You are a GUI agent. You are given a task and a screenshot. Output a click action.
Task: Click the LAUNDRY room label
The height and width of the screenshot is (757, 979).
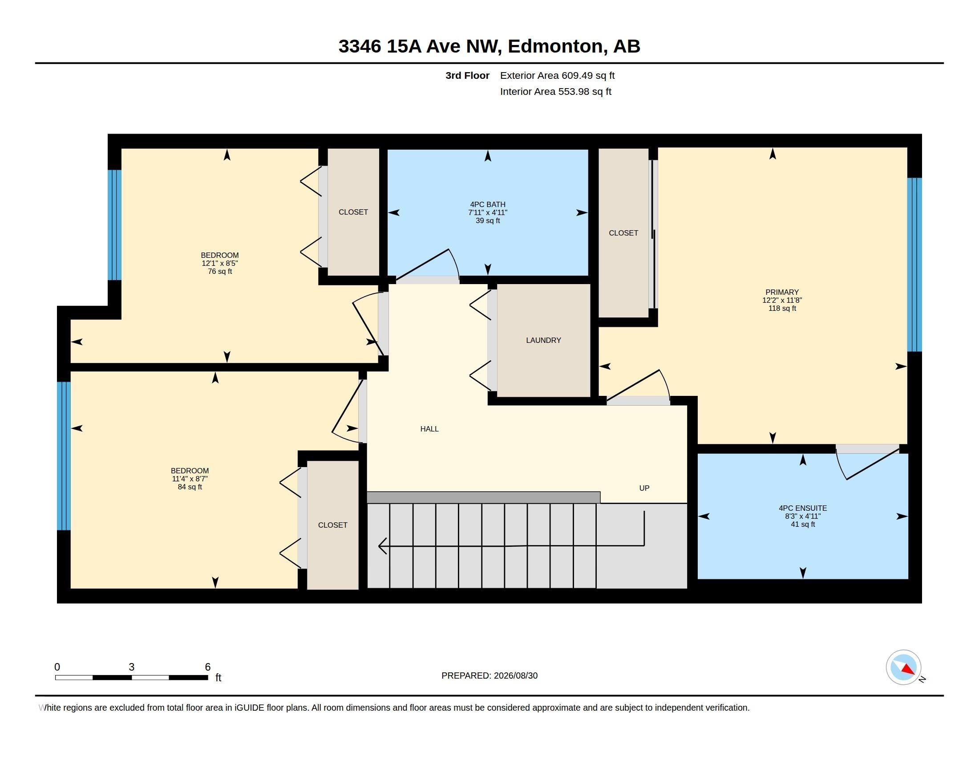coord(543,340)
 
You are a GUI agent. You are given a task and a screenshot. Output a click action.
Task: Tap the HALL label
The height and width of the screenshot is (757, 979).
coord(429,429)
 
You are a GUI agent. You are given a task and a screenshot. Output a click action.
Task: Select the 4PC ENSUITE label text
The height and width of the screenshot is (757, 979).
coord(803,508)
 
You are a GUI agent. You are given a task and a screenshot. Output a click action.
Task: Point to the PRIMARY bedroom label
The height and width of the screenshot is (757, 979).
coord(782,292)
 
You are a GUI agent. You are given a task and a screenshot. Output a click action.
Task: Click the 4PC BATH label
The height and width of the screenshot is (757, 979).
coord(488,204)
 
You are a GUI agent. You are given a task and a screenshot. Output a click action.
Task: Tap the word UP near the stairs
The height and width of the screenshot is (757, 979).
coord(644,488)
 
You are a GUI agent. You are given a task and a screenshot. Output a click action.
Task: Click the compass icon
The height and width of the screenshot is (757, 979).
coord(904,667)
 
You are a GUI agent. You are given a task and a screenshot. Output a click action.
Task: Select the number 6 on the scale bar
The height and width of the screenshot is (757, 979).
coord(207,667)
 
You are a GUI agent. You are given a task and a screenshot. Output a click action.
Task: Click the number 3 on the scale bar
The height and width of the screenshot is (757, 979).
coord(131,667)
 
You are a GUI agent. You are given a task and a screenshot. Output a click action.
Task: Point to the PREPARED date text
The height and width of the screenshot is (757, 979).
coord(489,676)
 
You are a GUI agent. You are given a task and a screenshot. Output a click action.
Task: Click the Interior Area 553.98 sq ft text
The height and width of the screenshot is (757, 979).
coord(555,91)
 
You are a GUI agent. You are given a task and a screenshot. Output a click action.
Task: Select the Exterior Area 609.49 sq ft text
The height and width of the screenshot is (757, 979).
coord(557,75)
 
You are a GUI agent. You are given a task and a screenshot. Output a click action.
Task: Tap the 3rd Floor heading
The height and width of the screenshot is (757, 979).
coord(467,75)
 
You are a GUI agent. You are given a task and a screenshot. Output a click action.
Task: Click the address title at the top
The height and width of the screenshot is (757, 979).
coord(489,46)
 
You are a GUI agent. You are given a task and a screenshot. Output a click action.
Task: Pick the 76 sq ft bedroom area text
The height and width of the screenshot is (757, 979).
coord(220,271)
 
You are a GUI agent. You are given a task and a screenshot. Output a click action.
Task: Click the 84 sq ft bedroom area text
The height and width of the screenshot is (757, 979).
coord(190,487)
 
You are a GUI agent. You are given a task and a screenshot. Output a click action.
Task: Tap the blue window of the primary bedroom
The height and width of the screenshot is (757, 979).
coord(914,265)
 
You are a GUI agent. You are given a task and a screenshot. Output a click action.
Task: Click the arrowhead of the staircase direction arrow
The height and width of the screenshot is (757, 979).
coord(382,546)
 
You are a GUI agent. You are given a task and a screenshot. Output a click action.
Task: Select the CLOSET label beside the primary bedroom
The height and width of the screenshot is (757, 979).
coord(623,233)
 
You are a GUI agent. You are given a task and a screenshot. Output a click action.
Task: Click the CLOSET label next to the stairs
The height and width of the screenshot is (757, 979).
coord(332,525)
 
